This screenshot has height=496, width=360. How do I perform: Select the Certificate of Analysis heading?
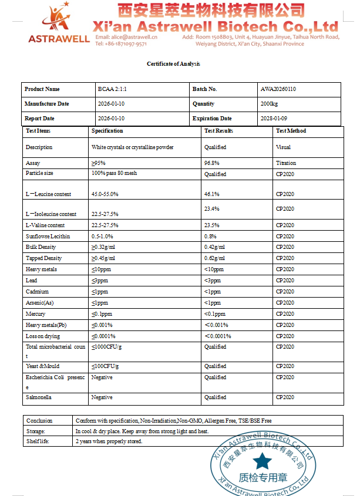click(173, 64)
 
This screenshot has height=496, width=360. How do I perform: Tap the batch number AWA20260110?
click(278, 89)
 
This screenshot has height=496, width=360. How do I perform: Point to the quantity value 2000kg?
click(269, 104)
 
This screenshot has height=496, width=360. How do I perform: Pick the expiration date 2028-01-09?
click(274, 119)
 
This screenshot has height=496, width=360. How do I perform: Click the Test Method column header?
click(291, 131)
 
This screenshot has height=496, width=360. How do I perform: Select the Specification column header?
click(107, 131)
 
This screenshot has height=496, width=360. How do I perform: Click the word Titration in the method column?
click(286, 163)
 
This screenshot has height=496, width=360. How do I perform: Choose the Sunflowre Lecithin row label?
click(48, 236)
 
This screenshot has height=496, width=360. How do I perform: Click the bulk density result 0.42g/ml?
click(214, 247)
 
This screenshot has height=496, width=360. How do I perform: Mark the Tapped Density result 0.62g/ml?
click(214, 258)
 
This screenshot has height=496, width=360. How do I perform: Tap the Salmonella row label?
click(38, 397)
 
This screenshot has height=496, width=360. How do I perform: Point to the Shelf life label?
click(38, 441)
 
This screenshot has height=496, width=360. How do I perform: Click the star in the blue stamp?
click(262, 460)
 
